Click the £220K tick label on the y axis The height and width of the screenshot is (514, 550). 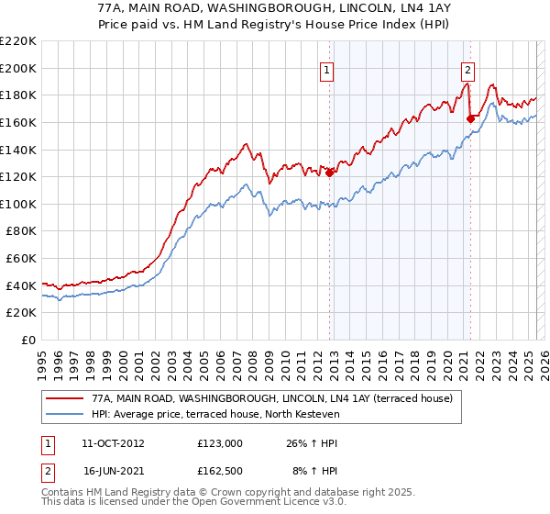(x=18, y=41)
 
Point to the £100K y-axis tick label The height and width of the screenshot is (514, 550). (x=18, y=204)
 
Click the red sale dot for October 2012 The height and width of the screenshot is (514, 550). (x=329, y=173)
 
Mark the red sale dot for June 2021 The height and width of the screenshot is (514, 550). (x=470, y=118)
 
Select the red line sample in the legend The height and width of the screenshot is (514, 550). (x=64, y=399)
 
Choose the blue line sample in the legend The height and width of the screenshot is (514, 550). (x=64, y=414)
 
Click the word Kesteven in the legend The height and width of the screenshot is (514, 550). (x=314, y=414)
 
